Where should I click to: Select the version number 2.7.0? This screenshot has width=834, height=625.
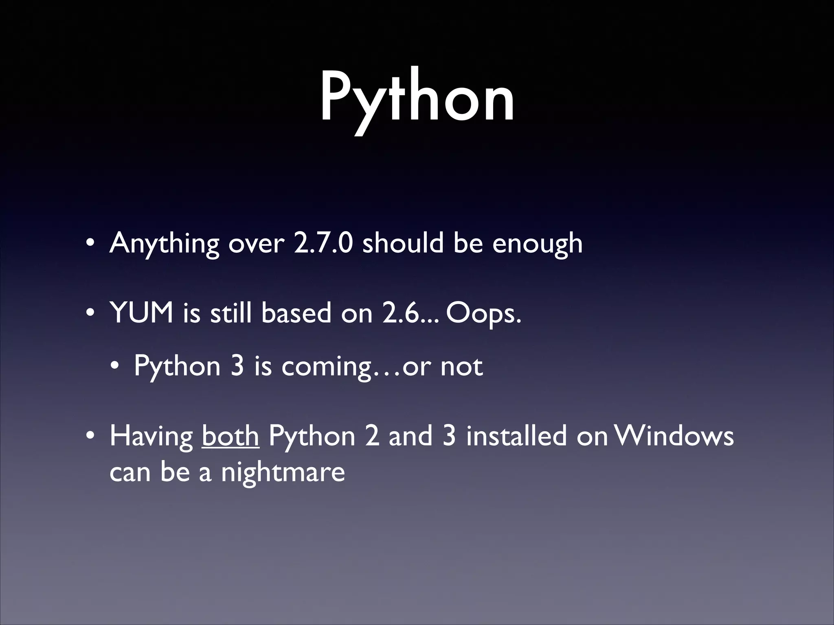[323, 243]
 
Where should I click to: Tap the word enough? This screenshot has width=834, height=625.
[537, 244]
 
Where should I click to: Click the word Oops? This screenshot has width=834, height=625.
[483, 314]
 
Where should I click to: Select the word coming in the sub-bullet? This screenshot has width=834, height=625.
[327, 366]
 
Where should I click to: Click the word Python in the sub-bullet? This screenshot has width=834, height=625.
[177, 366]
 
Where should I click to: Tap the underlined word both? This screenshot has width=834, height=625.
[230, 435]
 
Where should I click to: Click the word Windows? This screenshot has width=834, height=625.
[674, 435]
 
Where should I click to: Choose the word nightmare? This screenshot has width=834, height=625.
[283, 472]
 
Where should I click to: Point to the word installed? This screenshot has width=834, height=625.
[516, 435]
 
